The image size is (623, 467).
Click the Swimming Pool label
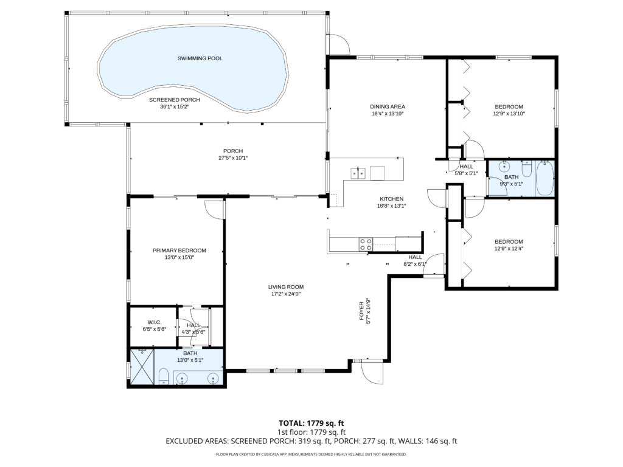(200, 58)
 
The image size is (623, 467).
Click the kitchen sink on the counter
(357, 173)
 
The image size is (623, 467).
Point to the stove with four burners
(366, 244)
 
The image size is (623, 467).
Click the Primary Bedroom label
(179, 250)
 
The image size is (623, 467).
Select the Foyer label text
(361, 310)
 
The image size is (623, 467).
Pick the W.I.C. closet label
(153, 322)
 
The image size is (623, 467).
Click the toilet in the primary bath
(163, 377)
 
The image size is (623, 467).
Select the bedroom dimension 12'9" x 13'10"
(508, 113)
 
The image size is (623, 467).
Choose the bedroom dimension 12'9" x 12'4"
(508, 248)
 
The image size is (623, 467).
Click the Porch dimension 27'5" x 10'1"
(232, 158)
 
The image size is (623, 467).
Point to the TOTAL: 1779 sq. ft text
(311, 423)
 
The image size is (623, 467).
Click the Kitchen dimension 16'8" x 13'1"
(391, 206)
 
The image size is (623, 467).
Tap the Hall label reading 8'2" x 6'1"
(415, 264)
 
